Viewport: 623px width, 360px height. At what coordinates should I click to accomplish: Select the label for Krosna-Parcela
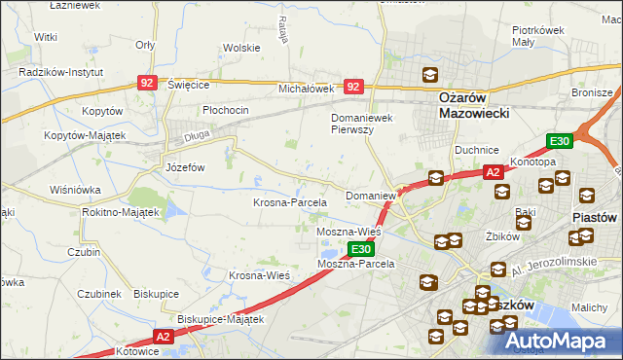click(x=289, y=202)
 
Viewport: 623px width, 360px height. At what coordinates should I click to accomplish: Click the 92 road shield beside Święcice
click(x=147, y=85)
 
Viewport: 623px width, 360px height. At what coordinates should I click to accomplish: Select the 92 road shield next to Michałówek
click(x=354, y=87)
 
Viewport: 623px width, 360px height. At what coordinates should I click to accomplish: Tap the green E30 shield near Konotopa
click(x=558, y=142)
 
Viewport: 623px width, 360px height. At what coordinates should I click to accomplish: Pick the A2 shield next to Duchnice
click(x=494, y=172)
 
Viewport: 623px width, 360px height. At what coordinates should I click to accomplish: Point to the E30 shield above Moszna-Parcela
click(x=360, y=250)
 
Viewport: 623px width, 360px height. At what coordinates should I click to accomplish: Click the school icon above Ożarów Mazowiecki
click(x=429, y=75)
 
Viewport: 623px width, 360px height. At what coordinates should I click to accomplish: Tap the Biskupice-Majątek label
click(x=221, y=318)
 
